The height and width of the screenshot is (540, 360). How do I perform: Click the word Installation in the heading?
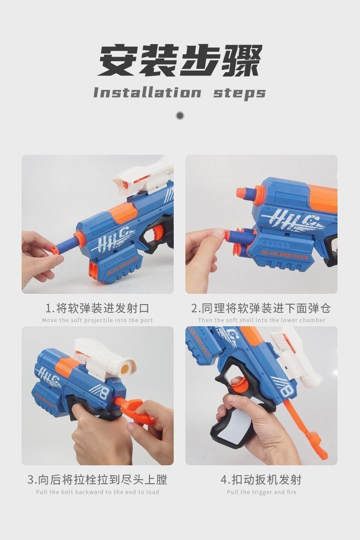click(147, 93)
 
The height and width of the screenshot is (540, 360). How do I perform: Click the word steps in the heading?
click(239, 94)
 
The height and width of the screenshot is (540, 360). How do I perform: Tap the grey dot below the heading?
click(180, 116)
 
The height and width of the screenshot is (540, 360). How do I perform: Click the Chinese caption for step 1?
click(97, 308)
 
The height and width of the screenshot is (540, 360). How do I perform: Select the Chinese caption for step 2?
click(261, 308)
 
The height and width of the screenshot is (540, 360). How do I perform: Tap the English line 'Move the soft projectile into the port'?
click(97, 320)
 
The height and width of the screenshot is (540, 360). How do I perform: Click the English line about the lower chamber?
click(261, 320)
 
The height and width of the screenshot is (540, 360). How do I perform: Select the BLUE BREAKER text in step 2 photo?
click(285, 255)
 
